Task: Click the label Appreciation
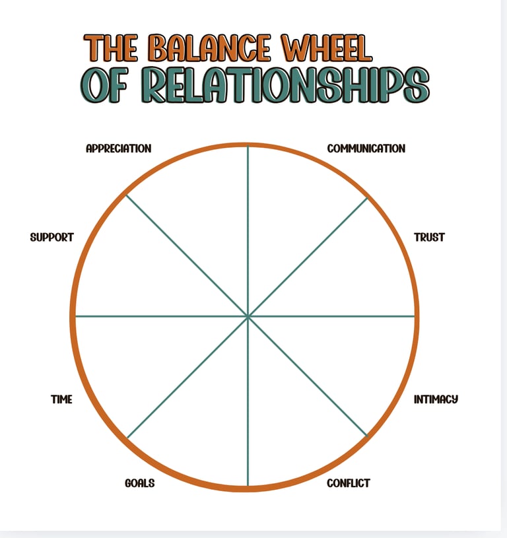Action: (x=119, y=149)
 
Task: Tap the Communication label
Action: (x=366, y=149)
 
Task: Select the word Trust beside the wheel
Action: (x=429, y=237)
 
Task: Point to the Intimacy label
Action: (x=436, y=399)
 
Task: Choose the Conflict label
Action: (x=349, y=483)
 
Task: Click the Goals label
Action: (x=139, y=483)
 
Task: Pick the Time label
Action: (x=61, y=399)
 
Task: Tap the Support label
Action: (x=51, y=237)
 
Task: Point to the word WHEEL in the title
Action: (x=326, y=49)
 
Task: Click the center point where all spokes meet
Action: (x=248, y=317)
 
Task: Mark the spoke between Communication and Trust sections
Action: (x=308, y=257)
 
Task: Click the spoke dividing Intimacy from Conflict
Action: (x=308, y=377)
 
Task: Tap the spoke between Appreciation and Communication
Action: (x=248, y=231)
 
